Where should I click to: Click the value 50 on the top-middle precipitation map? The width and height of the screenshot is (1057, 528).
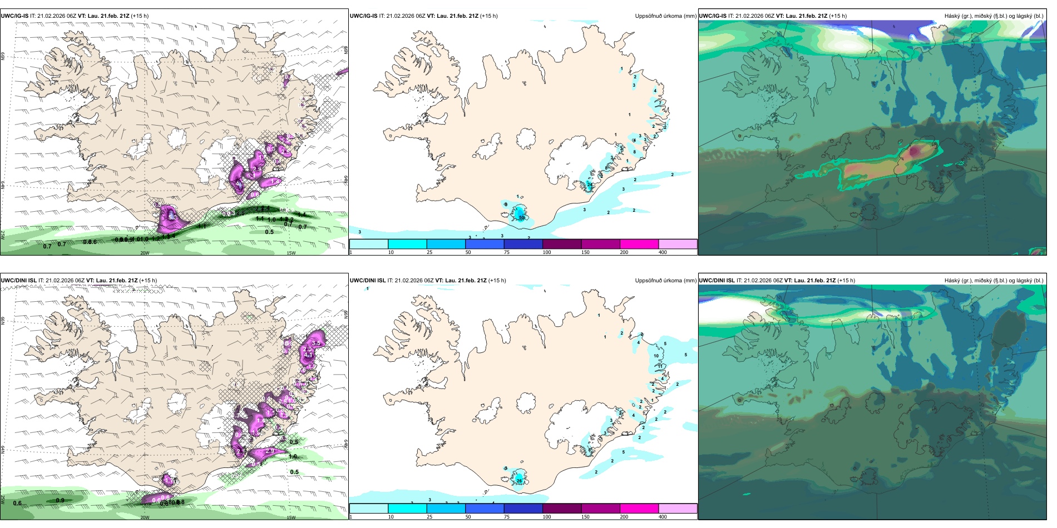[522, 217]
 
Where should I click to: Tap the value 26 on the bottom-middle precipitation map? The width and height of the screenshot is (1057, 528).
[519, 481]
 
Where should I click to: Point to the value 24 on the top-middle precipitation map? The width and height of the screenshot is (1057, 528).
[590, 184]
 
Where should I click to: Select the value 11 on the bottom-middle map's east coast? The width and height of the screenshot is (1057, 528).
[660, 366]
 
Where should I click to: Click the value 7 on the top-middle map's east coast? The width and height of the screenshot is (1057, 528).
[660, 102]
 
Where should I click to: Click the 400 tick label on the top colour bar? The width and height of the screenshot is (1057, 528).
[663, 252]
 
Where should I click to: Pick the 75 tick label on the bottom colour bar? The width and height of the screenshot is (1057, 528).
[507, 517]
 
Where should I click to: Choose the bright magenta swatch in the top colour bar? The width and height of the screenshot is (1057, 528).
[639, 244]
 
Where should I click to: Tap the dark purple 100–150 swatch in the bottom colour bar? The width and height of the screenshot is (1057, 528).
[561, 509]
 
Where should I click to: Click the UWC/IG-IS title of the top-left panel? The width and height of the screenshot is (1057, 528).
[14, 16]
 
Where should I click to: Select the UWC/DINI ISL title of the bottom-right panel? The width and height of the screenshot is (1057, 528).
[717, 281]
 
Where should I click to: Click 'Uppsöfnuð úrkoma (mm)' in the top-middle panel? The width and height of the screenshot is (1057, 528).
[665, 16]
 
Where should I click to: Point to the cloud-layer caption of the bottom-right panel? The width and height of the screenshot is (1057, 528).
[994, 281]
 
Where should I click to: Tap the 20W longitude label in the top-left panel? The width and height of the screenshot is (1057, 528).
[145, 253]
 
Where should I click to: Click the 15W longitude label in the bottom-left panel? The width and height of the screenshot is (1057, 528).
[291, 517]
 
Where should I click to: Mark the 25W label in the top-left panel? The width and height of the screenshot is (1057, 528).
[3, 235]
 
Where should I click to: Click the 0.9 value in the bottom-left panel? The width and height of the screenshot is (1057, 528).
[60, 500]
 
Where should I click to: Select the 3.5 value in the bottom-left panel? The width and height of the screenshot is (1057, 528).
[317, 343]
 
